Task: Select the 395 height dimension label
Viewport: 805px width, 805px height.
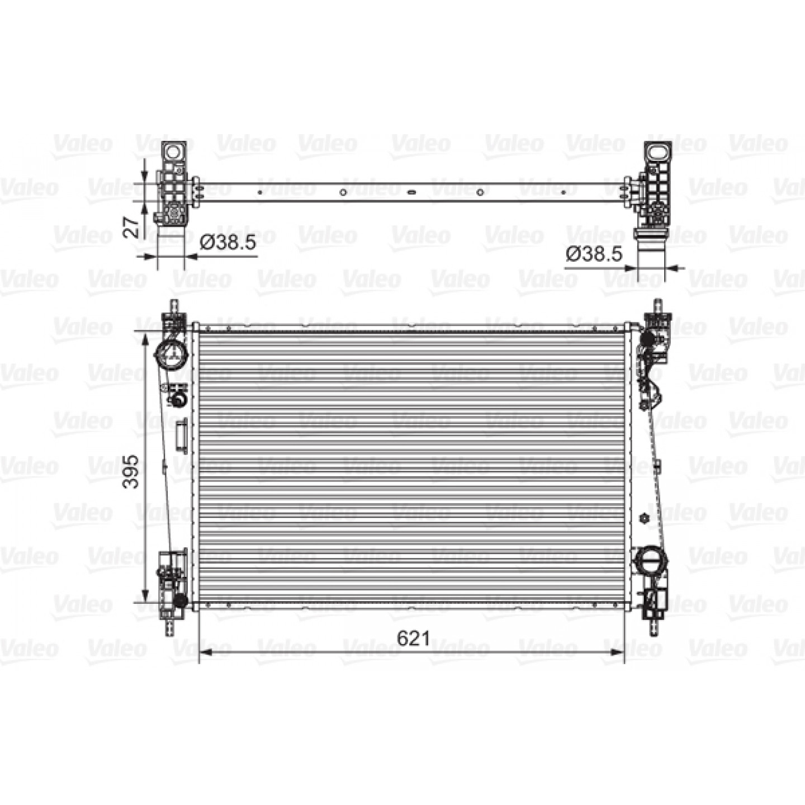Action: coord(131,471)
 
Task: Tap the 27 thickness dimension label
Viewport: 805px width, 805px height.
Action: coord(131,227)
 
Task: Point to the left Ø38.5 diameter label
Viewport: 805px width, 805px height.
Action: coord(228,242)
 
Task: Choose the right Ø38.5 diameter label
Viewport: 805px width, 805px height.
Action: coord(594,254)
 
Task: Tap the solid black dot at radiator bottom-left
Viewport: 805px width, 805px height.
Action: coord(180,601)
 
